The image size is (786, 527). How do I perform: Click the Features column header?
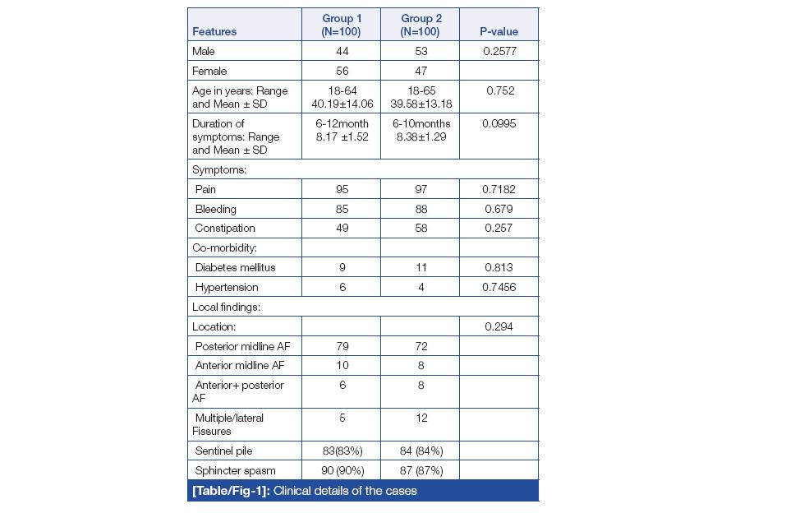click(214, 32)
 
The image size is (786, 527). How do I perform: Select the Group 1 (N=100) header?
click(342, 25)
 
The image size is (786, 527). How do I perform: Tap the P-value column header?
click(499, 32)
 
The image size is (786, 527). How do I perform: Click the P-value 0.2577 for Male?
click(499, 51)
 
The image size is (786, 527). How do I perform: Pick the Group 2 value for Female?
click(420, 71)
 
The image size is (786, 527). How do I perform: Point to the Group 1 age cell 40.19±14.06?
click(342, 104)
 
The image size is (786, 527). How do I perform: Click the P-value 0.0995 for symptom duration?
click(499, 123)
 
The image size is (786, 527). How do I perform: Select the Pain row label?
click(205, 189)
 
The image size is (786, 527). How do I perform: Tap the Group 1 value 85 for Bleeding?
click(342, 209)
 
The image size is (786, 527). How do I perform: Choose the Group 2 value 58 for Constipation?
click(420, 228)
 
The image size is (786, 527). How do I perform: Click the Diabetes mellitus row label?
click(235, 267)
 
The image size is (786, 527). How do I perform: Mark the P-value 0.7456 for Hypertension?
click(499, 287)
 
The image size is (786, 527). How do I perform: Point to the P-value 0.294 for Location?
click(499, 326)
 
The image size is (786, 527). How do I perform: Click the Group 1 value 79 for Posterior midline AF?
click(342, 346)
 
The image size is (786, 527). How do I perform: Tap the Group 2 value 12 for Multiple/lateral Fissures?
click(420, 418)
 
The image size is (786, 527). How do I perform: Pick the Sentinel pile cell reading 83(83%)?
click(342, 451)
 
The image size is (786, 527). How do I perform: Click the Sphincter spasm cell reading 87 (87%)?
click(420, 470)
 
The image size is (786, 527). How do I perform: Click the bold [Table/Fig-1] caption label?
click(231, 491)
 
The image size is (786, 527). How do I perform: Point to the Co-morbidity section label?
click(224, 247)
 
